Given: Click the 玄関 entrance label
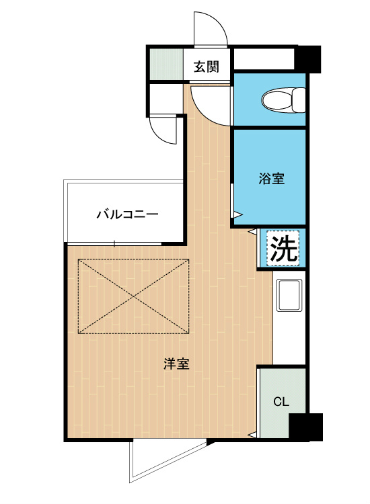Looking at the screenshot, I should pyautogui.click(x=207, y=67).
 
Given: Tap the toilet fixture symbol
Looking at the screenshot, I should pyautogui.click(x=279, y=100).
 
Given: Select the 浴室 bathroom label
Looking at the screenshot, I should pyautogui.click(x=272, y=179).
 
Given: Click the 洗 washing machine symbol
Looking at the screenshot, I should pyautogui.click(x=283, y=249).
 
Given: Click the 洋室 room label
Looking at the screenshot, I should pyautogui.click(x=176, y=365).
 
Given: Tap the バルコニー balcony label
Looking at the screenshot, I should pyautogui.click(x=127, y=215).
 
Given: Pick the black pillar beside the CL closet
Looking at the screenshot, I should pyautogui.click(x=305, y=427).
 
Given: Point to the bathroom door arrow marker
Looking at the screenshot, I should pyautogui.click(x=237, y=214).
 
